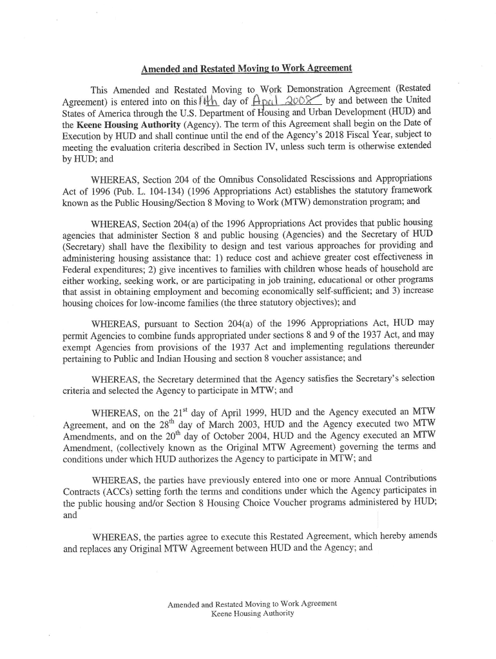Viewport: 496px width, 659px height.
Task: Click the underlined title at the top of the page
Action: pyautogui.click(x=247, y=68)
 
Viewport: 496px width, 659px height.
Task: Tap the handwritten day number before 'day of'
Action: pyautogui.click(x=209, y=100)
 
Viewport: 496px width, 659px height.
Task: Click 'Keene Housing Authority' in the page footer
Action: pyautogui.click(x=252, y=613)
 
